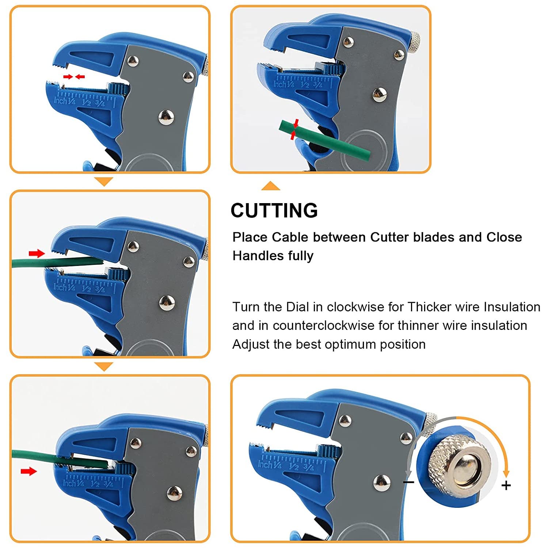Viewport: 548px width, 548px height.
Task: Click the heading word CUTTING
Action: [x=274, y=210]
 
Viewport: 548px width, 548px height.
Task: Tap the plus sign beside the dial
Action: [x=506, y=486]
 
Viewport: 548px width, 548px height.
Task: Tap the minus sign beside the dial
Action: [x=408, y=482]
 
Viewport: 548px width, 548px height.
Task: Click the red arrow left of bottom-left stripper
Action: [x=28, y=472]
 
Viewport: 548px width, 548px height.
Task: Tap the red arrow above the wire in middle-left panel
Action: [x=37, y=253]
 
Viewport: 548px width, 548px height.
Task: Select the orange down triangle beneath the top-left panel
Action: [x=104, y=181]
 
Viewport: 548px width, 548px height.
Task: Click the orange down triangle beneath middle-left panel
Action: [x=104, y=366]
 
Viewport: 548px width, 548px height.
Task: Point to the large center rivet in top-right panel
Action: [x=380, y=95]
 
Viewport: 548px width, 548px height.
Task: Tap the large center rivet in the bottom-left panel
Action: [x=174, y=494]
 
